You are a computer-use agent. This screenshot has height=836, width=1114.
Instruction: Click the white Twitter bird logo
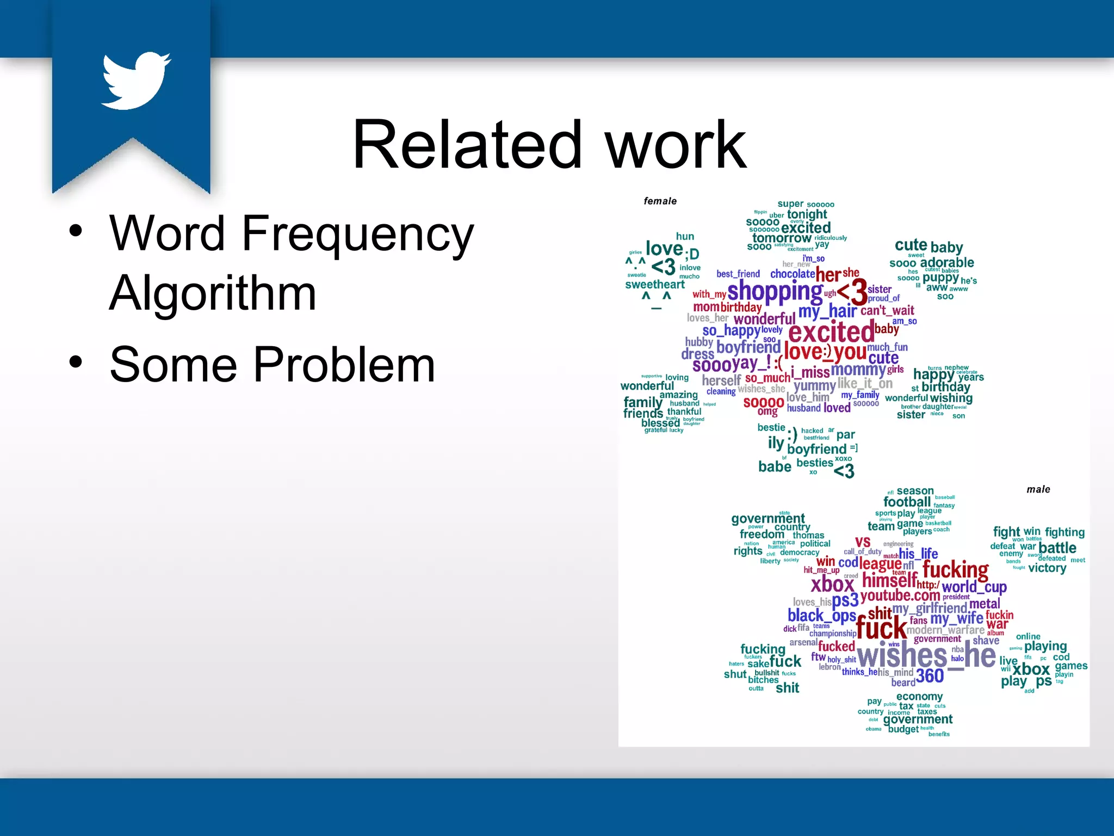[136, 81]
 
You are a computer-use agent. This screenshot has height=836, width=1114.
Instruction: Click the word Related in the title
[466, 145]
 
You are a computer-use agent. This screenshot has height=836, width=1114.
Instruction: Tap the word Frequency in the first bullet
[357, 234]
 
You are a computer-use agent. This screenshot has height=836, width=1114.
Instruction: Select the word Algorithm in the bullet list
[213, 293]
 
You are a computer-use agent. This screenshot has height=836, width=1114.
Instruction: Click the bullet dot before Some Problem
[76, 361]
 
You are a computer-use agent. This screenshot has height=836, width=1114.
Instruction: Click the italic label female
[660, 201]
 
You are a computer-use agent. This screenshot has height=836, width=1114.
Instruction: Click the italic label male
[1038, 490]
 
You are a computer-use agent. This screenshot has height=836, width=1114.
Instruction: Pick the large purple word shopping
[775, 292]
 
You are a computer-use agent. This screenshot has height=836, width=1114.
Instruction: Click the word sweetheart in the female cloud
[655, 285]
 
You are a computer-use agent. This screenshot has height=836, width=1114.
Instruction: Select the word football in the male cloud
[907, 502]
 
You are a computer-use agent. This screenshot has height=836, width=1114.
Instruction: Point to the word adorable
[946, 262]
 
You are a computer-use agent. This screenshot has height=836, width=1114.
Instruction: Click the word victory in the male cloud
[1047, 568]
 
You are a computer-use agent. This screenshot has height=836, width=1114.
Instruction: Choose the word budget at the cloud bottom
[903, 729]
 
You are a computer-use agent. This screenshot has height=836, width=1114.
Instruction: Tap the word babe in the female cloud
[775, 467]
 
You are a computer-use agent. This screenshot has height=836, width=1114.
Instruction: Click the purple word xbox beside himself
[832, 585]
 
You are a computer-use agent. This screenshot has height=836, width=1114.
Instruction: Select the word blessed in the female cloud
[660, 423]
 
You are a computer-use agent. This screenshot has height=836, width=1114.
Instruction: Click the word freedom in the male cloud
[762, 534]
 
